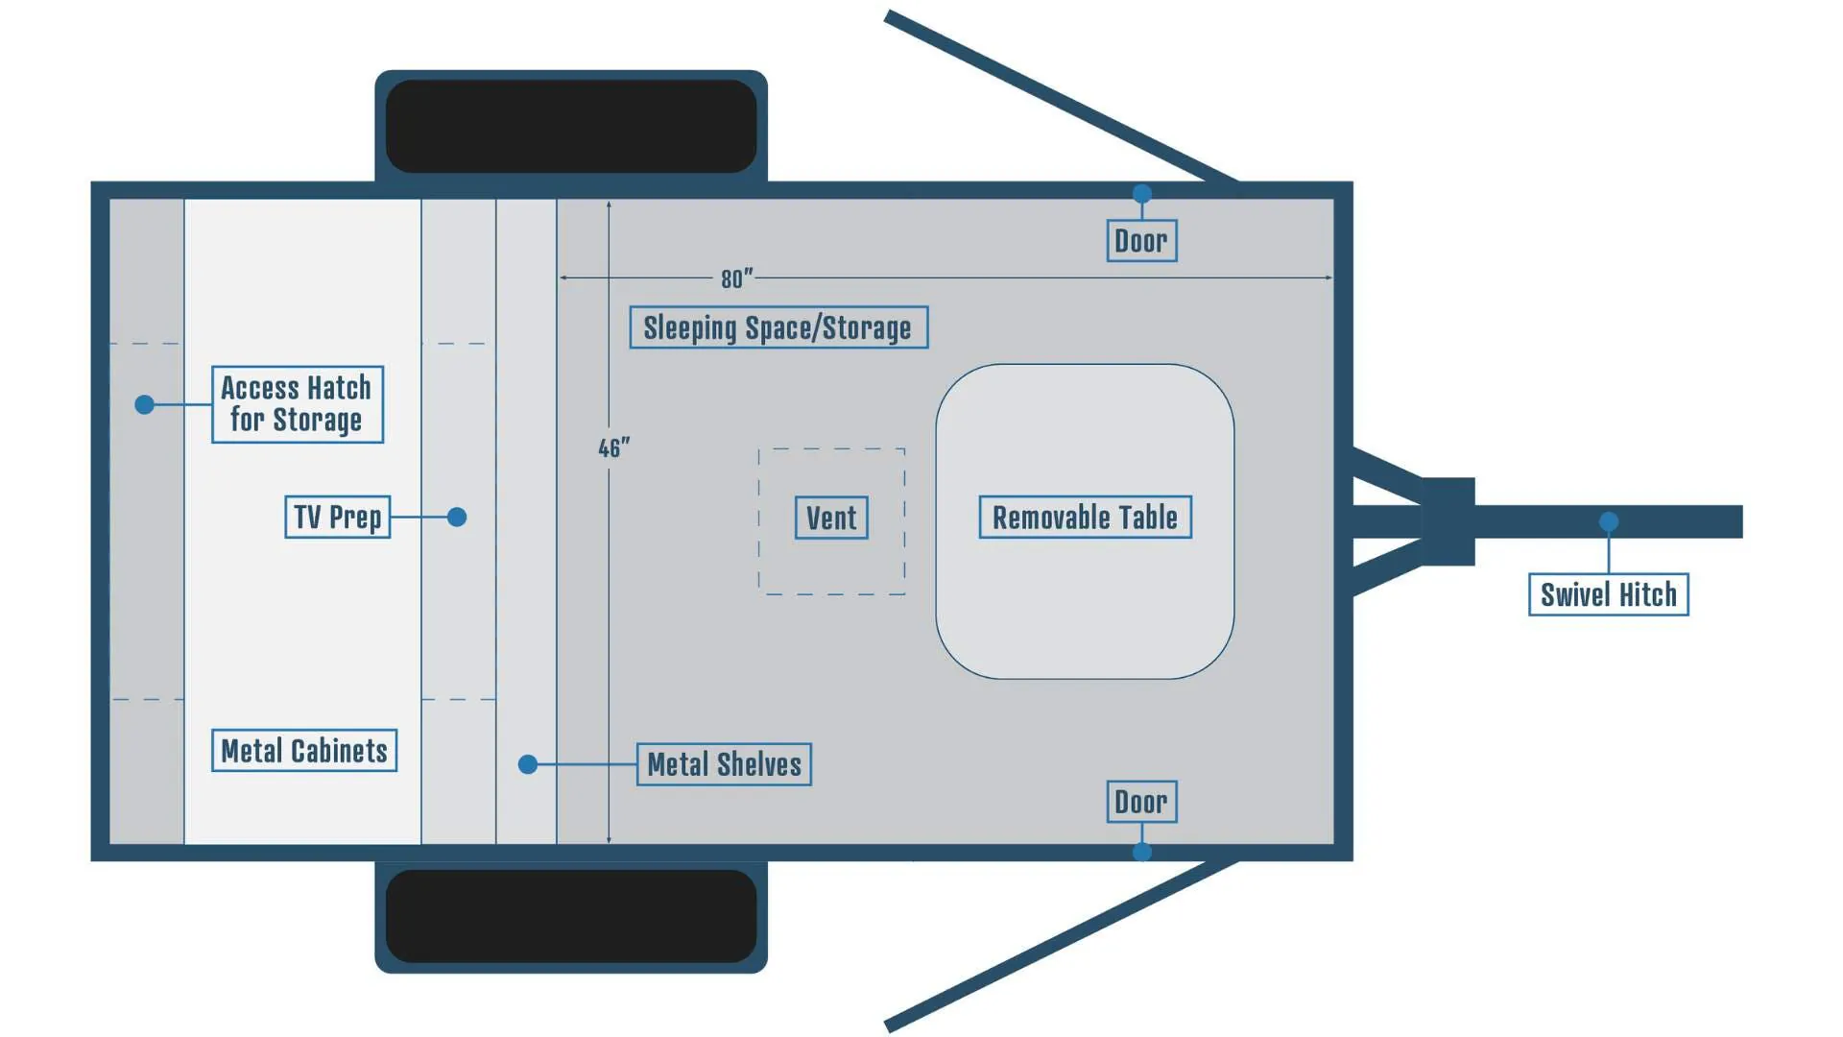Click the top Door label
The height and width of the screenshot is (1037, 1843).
point(1141,240)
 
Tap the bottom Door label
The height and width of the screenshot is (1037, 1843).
point(1141,802)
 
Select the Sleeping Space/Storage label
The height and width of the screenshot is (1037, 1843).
point(778,327)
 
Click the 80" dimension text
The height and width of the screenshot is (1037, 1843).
point(736,278)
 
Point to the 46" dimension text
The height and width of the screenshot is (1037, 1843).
point(614,448)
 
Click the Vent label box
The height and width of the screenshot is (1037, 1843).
point(831,518)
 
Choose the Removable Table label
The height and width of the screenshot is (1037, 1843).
point(1085,518)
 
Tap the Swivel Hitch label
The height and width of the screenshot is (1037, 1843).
point(1609,594)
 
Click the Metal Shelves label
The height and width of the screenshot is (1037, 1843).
point(724,764)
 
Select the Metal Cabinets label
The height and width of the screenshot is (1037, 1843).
point(304,750)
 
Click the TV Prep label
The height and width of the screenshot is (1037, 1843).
point(338,517)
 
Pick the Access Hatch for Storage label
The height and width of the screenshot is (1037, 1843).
point(298,404)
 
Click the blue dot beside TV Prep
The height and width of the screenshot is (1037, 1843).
point(457,517)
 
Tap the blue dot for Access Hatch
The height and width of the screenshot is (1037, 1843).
point(145,404)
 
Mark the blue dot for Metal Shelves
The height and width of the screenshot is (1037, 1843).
point(528,764)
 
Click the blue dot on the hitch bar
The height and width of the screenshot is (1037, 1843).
point(1609,521)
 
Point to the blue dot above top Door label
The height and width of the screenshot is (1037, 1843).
point(1142,194)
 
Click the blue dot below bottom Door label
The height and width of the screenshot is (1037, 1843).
point(1142,852)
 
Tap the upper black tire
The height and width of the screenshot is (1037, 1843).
point(571,126)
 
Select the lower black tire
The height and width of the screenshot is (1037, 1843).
point(571,916)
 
